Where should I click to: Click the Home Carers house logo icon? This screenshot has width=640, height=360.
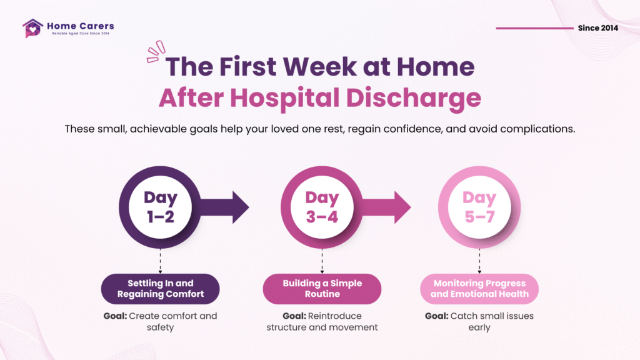tap(32, 28)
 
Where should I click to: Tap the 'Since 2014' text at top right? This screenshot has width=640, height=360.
tap(598, 28)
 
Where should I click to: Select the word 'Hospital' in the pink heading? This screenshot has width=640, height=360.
tap(284, 98)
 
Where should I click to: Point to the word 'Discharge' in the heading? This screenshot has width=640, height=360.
tap(414, 98)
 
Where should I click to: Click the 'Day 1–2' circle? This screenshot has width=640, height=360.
tap(161, 207)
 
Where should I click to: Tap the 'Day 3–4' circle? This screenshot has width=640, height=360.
tap(322, 207)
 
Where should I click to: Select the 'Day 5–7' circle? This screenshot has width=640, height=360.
tap(479, 207)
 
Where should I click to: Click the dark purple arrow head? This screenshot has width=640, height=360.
tap(241, 207)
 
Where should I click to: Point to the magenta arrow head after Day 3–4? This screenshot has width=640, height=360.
tap(402, 207)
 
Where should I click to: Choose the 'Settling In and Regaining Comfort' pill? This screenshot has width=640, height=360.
tap(161, 289)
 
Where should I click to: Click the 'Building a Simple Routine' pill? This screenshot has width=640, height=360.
tap(322, 289)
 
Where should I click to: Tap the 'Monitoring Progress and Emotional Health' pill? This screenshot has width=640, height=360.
tap(479, 289)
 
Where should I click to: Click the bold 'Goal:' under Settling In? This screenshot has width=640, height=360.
tap(115, 316)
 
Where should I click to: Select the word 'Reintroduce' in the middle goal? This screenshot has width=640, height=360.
tap(335, 316)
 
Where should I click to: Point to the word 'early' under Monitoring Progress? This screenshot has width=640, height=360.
tap(479, 327)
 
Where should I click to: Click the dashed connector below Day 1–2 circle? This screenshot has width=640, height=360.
tap(161, 261)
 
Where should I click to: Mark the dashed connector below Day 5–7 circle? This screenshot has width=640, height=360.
tap(479, 261)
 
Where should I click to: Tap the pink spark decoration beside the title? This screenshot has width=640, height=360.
tap(156, 52)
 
